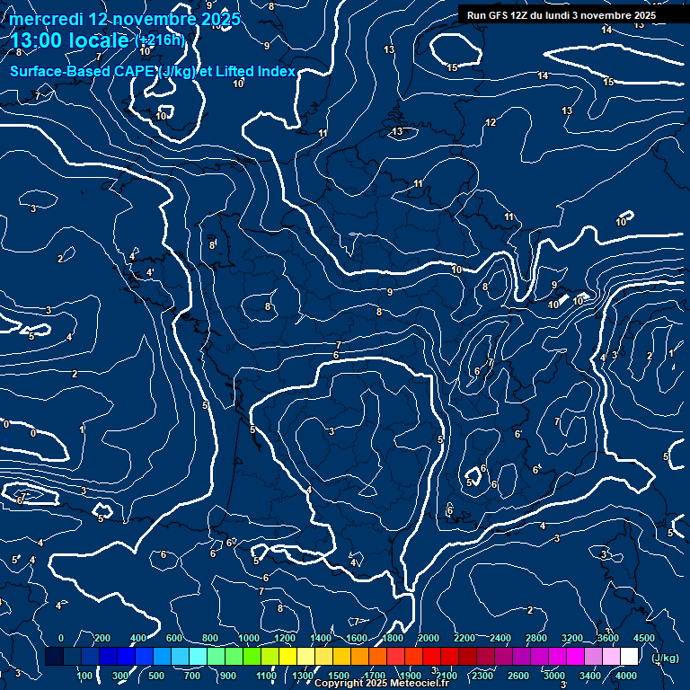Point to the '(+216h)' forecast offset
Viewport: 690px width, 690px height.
tap(160, 40)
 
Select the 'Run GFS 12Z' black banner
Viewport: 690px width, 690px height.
tap(561, 15)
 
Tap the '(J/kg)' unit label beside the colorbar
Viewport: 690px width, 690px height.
tap(665, 658)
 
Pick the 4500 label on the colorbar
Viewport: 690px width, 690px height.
tap(643, 637)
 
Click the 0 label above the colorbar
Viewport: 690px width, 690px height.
tap(61, 637)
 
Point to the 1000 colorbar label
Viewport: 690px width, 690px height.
tap(248, 637)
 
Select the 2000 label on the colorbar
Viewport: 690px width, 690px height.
tap(429, 637)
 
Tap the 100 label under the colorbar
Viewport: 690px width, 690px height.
tap(84, 676)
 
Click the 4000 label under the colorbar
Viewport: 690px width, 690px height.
tap(626, 676)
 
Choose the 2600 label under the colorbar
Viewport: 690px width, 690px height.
tap(518, 676)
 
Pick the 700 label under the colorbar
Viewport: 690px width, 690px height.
tap(193, 676)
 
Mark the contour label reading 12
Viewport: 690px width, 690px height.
tap(491, 122)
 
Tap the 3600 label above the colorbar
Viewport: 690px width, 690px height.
tap(608, 637)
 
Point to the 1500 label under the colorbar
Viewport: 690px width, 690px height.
tap(339, 676)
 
